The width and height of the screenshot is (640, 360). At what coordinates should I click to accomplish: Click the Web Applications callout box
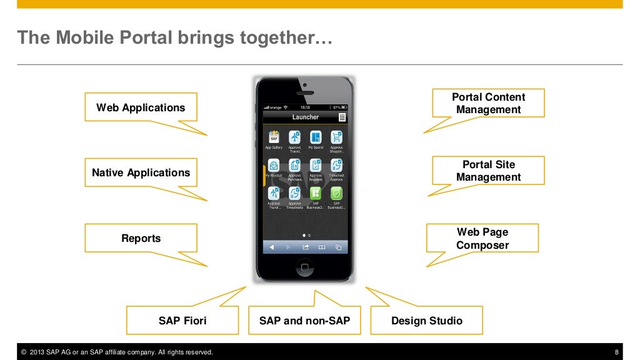pyautogui.click(x=141, y=107)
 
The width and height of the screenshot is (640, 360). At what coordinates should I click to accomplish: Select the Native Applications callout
pyautogui.click(x=141, y=172)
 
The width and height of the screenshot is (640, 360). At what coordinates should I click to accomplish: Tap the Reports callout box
pyautogui.click(x=141, y=238)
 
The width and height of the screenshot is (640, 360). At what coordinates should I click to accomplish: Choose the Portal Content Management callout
pyautogui.click(x=488, y=103)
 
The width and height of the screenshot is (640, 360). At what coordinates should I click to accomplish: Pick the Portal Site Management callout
pyautogui.click(x=488, y=171)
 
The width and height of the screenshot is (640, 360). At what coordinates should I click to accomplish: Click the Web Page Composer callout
pyautogui.click(x=482, y=238)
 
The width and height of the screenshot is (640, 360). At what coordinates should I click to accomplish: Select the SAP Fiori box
pyautogui.click(x=182, y=321)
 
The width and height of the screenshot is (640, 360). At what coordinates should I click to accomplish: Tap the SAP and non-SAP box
pyautogui.click(x=304, y=321)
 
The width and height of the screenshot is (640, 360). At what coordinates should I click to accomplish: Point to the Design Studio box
pyautogui.click(x=427, y=321)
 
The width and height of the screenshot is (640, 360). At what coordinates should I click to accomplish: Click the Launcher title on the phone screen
pyautogui.click(x=305, y=117)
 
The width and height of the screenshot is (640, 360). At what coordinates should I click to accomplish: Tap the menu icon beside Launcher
pyautogui.click(x=342, y=117)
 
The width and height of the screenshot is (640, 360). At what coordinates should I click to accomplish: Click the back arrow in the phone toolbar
pyautogui.click(x=272, y=247)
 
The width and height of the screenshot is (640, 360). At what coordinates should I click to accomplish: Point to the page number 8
pyautogui.click(x=617, y=352)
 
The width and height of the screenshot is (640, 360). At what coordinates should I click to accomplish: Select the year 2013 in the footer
pyautogui.click(x=38, y=352)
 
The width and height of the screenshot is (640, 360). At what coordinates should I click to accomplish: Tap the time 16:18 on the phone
pyautogui.click(x=305, y=107)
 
